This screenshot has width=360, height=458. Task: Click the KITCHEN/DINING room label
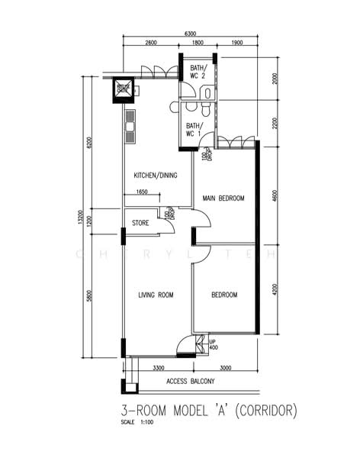point(156,175)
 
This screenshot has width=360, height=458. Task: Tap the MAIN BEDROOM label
point(223,198)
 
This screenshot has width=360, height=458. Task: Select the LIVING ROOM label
point(156,295)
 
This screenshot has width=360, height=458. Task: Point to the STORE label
point(140,224)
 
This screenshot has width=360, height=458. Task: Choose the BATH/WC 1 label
point(194,130)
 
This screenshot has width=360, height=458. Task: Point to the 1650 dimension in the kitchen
point(142,192)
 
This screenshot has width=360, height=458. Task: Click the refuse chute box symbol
point(123,89)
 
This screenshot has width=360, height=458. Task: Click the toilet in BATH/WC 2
point(207,92)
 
